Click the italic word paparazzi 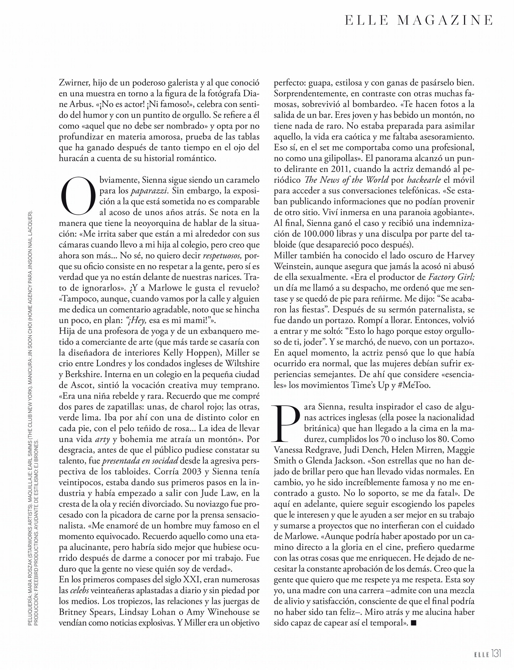click(149, 191)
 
